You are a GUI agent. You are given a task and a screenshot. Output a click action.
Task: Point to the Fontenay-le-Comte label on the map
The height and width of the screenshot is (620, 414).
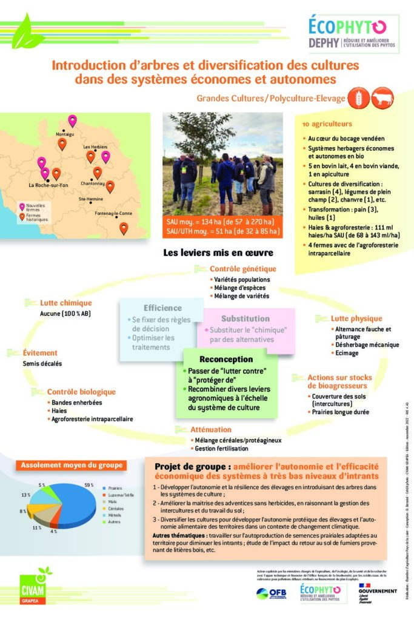pos(113,214)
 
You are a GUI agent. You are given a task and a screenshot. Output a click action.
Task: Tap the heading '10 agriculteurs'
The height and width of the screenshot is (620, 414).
pos(327,124)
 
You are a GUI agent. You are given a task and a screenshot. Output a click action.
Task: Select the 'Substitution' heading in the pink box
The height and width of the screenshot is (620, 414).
pos(245,318)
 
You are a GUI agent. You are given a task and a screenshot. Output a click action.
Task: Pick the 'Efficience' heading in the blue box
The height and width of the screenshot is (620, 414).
pos(162,308)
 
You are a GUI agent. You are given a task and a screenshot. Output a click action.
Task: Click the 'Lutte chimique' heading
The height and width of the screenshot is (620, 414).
pos(65,303)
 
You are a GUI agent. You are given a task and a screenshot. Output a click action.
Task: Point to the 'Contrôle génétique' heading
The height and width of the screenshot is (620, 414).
pos(242,269)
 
